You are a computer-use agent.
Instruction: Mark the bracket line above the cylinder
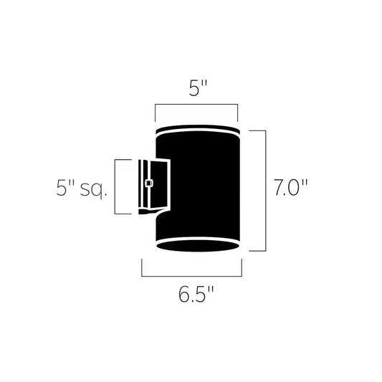[x=196, y=104]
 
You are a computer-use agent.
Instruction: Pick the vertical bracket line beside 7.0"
[x=266, y=190]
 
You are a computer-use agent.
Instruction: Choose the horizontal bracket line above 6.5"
[x=192, y=276]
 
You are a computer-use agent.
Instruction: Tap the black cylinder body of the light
[x=201, y=186]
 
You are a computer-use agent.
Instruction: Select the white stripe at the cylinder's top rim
[x=198, y=132]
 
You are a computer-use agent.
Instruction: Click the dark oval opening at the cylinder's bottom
[x=198, y=246]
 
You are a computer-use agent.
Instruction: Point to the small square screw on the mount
[x=148, y=183]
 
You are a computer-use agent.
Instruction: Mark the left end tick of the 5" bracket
[x=156, y=112]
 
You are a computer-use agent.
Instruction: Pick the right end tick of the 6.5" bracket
[x=242, y=268]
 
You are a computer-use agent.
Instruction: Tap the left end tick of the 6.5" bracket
[x=142, y=268]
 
